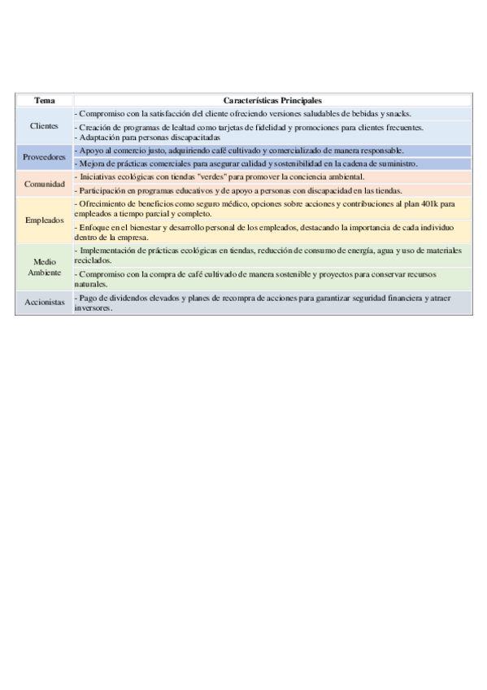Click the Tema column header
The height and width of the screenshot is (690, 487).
coord(44,100)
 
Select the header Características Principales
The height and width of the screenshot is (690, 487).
coord(272,100)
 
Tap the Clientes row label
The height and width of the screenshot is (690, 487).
coord(44,126)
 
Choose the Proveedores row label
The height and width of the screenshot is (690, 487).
coord(44,157)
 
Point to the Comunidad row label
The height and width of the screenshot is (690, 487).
coord(44,184)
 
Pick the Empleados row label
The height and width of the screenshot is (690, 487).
coord(44,221)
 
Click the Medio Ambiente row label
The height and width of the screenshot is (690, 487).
coord(44,267)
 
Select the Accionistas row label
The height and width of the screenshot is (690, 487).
coord(44,302)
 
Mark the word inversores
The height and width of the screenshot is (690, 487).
coord(93,308)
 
